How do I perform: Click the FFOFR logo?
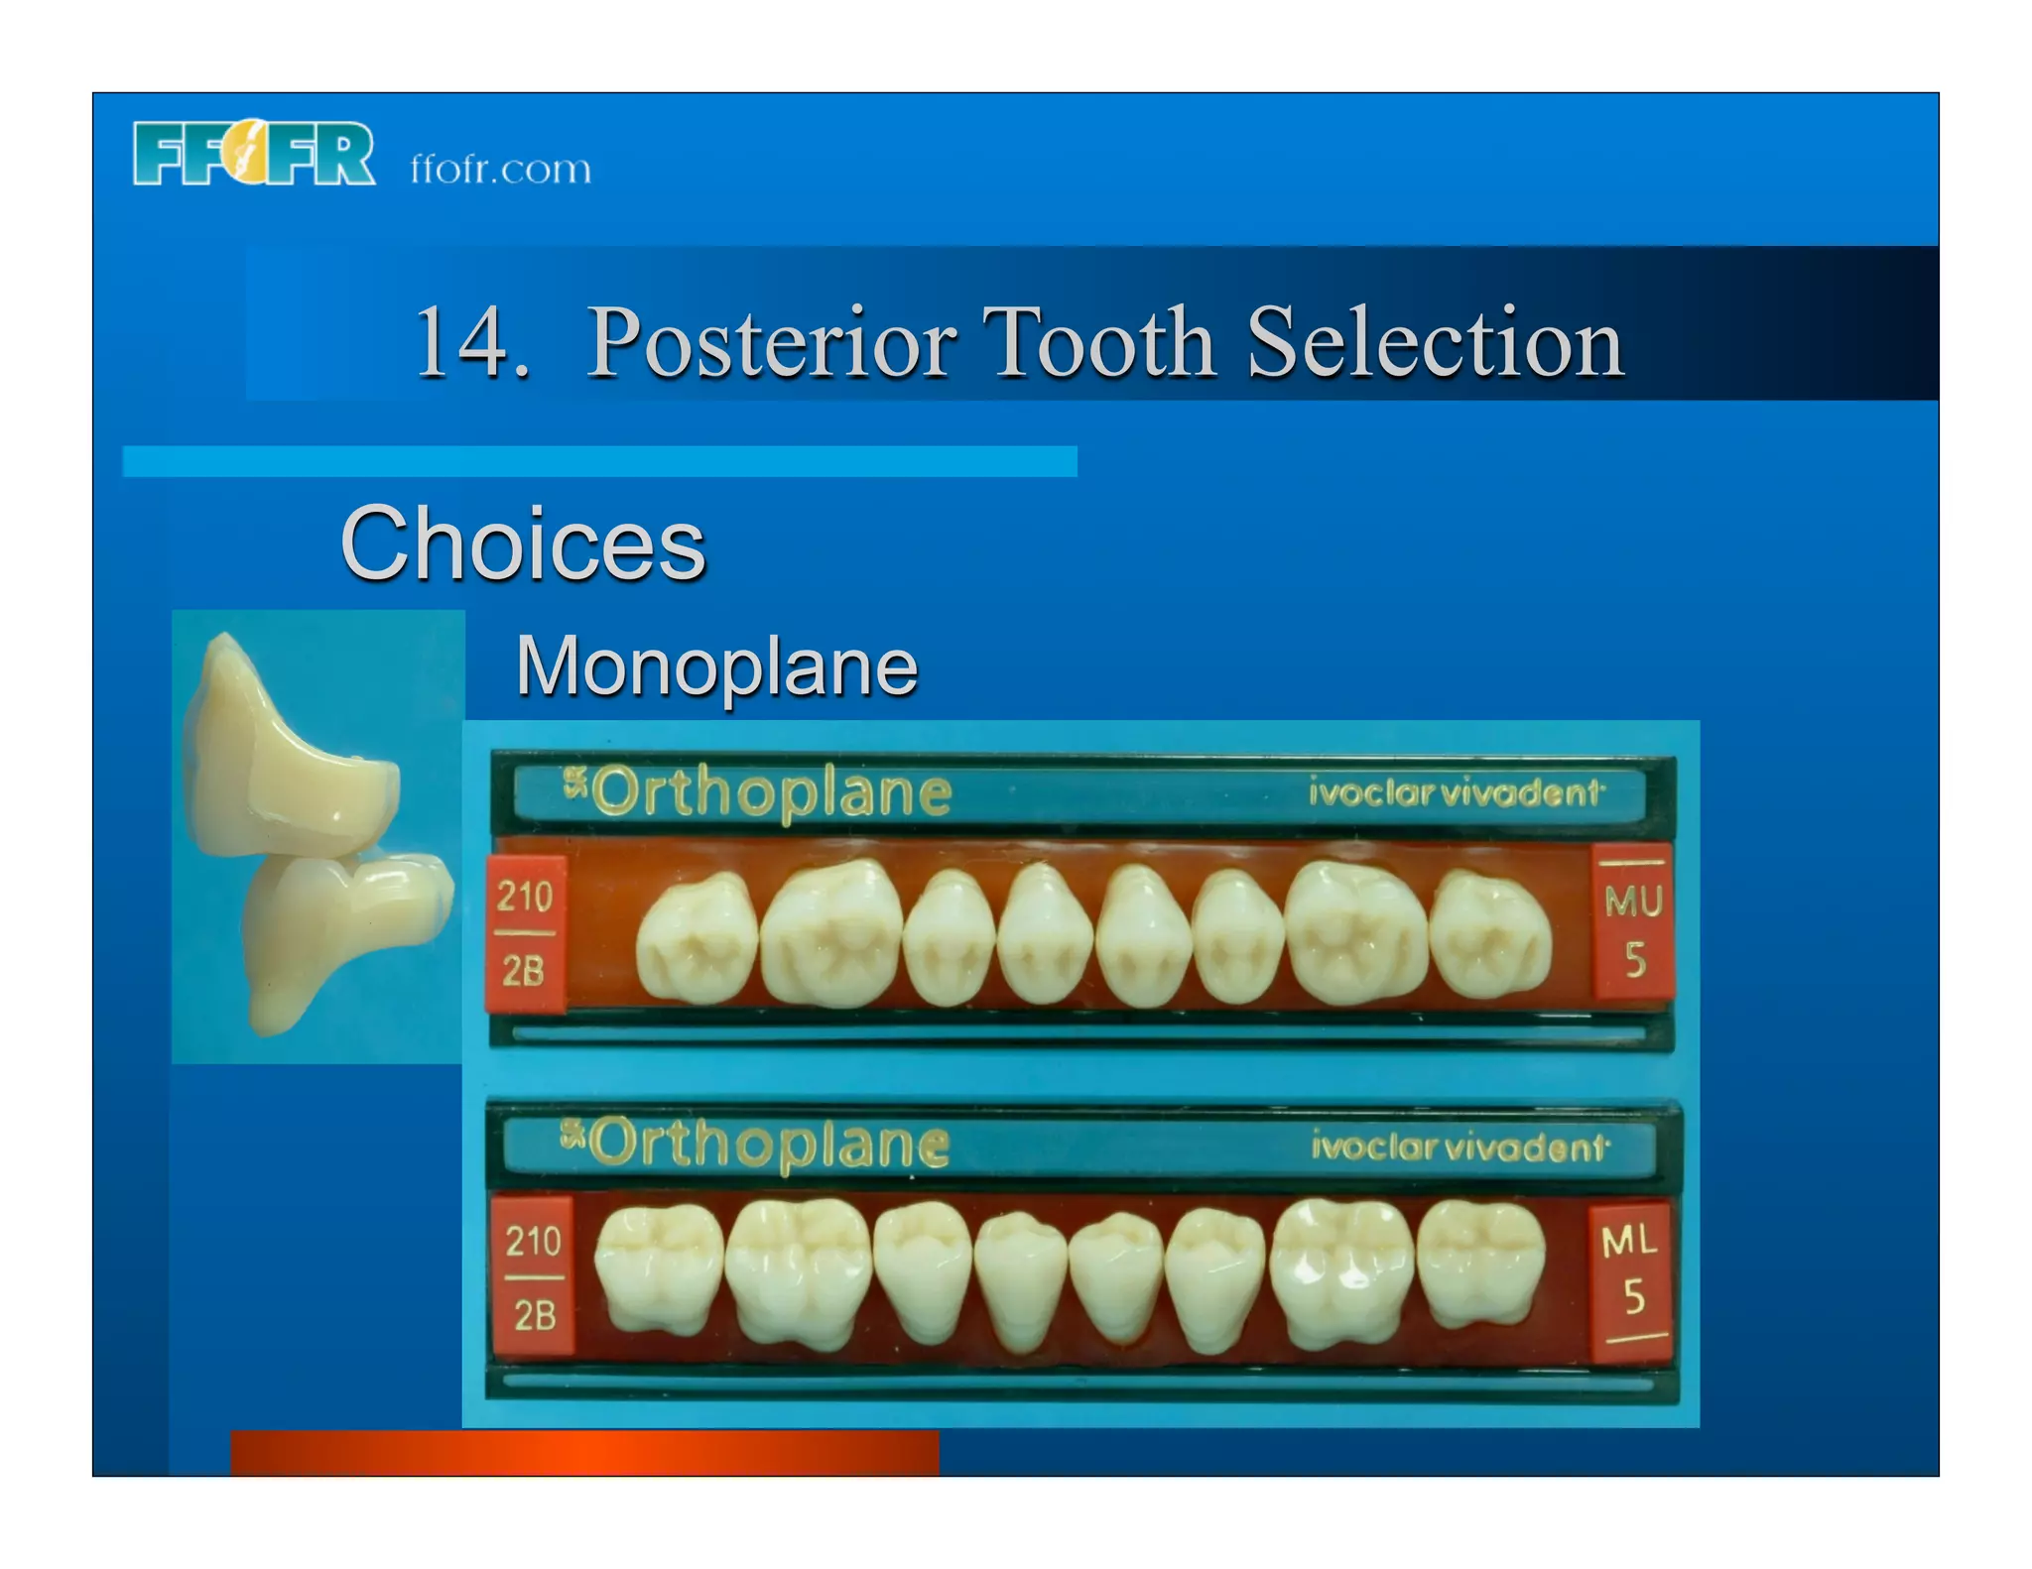pyautogui.click(x=253, y=154)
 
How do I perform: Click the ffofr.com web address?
pyautogui.click(x=500, y=170)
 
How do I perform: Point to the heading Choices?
pyautogui.click(x=523, y=543)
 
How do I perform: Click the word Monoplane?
pyautogui.click(x=716, y=666)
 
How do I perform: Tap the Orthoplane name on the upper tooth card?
pyautogui.click(x=758, y=792)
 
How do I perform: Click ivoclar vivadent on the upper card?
pyautogui.click(x=1455, y=793)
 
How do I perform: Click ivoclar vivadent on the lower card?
pyautogui.click(x=1459, y=1147)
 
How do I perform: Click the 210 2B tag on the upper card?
pyautogui.click(x=524, y=933)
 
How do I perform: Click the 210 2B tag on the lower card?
pyautogui.click(x=534, y=1277)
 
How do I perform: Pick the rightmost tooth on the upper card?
pyautogui.click(x=1490, y=935)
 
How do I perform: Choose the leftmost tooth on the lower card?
pyautogui.click(x=659, y=1269)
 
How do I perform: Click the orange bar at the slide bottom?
pyautogui.click(x=584, y=1453)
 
